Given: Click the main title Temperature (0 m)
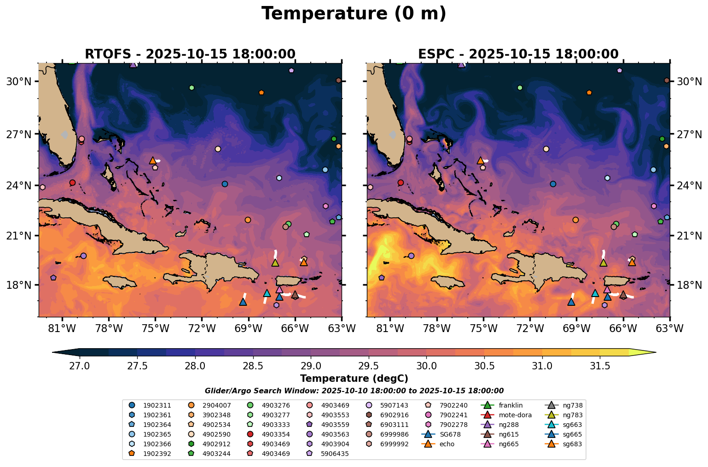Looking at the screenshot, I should [x=354, y=14].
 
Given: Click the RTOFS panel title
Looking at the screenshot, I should [x=190, y=54].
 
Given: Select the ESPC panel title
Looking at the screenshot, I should [x=518, y=54].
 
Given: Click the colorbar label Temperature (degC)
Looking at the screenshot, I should [x=354, y=379].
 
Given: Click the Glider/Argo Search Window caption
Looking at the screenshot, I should [x=354, y=391].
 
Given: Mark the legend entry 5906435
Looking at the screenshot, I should [x=335, y=454].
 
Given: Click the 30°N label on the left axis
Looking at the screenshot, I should [x=18, y=82].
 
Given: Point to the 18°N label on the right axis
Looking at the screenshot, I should [x=689, y=285].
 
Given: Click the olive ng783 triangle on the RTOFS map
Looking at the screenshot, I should [x=275, y=263].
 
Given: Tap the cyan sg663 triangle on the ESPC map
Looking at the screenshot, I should [x=595, y=293].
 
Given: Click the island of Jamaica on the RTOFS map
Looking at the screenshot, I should [x=120, y=281].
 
